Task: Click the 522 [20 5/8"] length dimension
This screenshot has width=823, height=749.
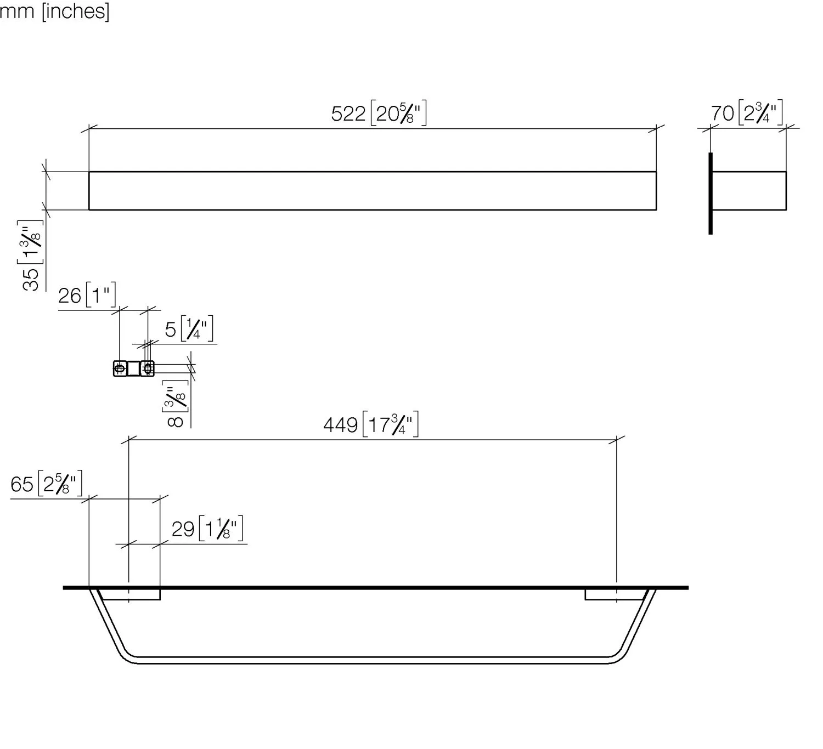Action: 379,114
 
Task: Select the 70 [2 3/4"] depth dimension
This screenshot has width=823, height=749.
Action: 746,113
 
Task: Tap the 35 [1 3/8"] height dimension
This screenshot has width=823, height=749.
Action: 32,256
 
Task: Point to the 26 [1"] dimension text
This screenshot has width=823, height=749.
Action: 87,296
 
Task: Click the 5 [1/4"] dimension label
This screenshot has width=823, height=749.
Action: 189,330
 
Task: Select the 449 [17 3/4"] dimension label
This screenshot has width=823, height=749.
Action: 371,425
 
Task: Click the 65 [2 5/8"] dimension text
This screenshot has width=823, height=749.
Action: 47,484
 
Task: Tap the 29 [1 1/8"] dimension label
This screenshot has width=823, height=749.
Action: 207,529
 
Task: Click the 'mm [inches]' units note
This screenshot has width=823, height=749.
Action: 55,10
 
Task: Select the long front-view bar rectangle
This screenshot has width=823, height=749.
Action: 373,191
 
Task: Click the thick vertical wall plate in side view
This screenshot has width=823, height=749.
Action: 711,194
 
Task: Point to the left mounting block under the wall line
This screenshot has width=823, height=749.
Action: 131,595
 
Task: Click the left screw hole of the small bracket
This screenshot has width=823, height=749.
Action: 120,368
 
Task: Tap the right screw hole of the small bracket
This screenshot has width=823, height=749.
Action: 147,368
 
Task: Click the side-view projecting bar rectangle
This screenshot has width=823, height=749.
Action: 749,191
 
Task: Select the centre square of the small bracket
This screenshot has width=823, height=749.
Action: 133,368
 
